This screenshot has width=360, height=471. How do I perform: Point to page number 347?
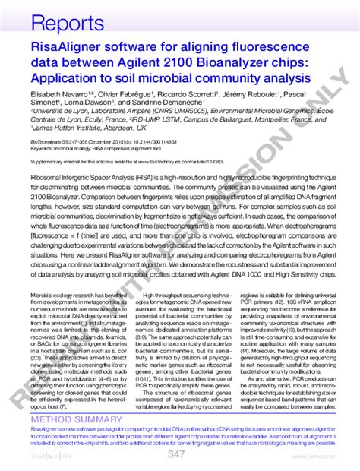point(175,454)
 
